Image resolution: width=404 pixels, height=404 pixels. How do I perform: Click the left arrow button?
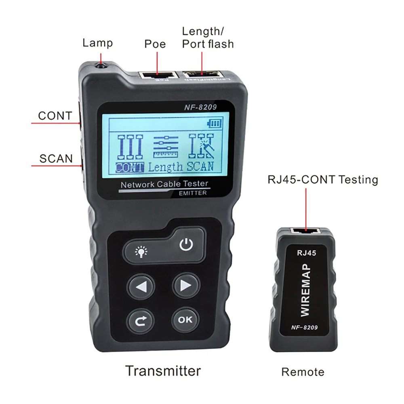141,286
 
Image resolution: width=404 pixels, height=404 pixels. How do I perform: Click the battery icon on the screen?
214,123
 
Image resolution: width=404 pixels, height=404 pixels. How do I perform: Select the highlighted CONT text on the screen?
130,167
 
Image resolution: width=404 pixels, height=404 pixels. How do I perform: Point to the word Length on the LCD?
165,167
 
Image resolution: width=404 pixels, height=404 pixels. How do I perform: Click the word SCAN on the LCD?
200,166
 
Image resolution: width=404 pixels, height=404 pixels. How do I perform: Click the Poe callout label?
155,44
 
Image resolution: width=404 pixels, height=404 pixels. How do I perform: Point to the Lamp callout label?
98,43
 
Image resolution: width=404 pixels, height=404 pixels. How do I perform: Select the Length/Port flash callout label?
208,38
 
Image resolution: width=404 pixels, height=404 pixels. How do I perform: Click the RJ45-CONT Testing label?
323,179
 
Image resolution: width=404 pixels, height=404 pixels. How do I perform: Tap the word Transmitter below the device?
163,370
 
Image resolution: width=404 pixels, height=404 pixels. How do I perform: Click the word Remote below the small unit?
303,372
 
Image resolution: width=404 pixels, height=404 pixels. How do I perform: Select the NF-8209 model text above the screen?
201,107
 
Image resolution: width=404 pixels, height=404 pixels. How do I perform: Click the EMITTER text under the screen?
193,193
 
